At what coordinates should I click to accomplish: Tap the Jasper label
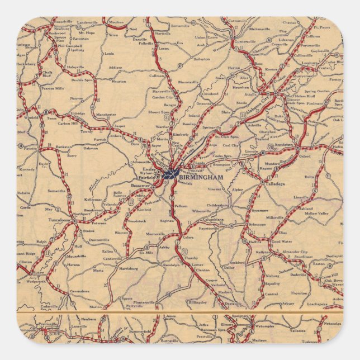(x=120, y=126)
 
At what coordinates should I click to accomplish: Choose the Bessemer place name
(x=140, y=185)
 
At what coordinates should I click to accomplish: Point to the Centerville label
(x=113, y=259)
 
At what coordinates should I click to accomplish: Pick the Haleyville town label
(x=74, y=67)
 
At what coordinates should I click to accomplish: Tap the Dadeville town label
(x=299, y=275)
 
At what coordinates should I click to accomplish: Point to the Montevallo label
(x=155, y=234)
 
